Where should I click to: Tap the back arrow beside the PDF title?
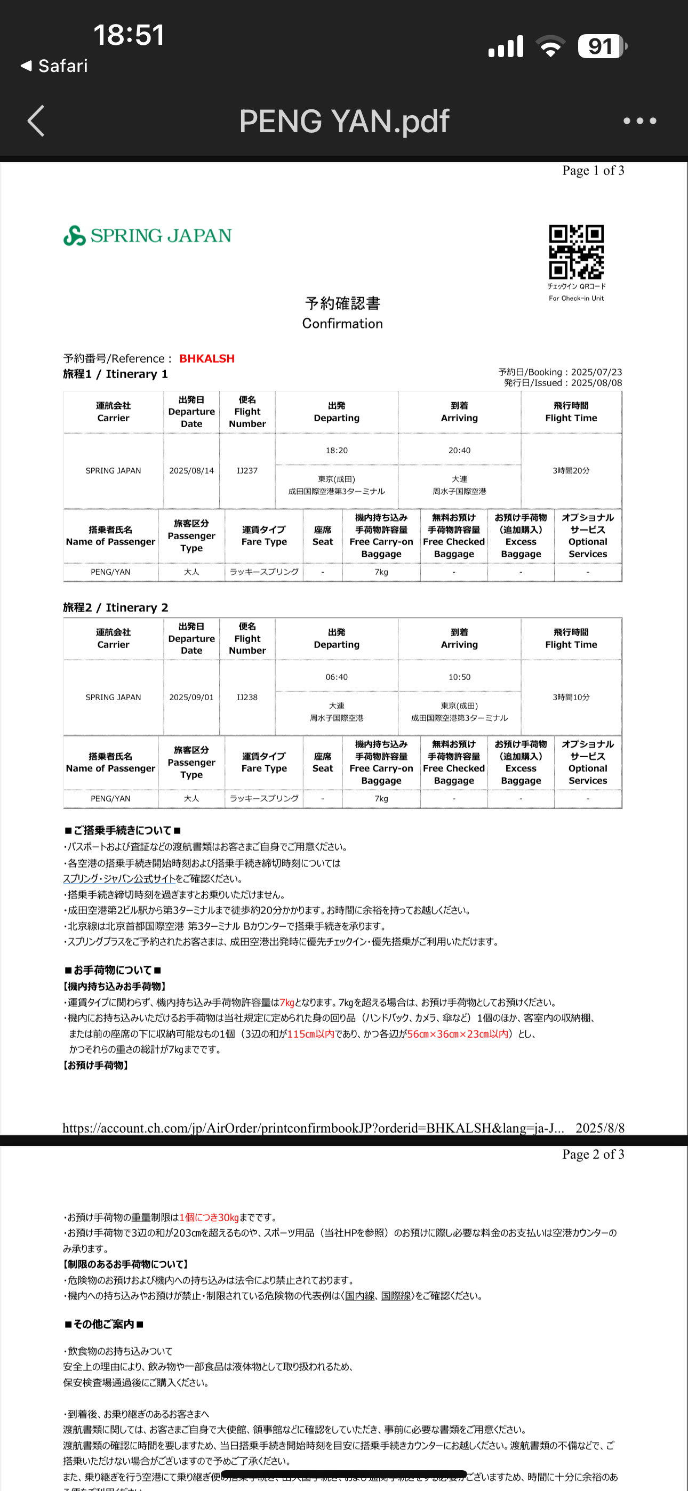pyautogui.click(x=36, y=121)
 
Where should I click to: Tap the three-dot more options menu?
pyautogui.click(x=639, y=121)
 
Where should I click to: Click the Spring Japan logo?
pyautogui.click(x=147, y=236)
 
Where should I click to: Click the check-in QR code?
pyautogui.click(x=576, y=252)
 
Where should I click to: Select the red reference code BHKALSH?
pyautogui.click(x=207, y=359)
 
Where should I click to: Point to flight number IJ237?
pyautogui.click(x=247, y=470)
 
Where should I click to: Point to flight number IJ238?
pyautogui.click(x=247, y=698)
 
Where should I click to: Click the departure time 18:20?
pyautogui.click(x=337, y=450)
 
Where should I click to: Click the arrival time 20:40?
pyautogui.click(x=459, y=450)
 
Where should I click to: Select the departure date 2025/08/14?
pyautogui.click(x=191, y=470)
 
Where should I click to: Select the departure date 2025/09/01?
pyautogui.click(x=191, y=698)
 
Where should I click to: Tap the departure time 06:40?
pyautogui.click(x=337, y=677)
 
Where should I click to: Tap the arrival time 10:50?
pyautogui.click(x=459, y=677)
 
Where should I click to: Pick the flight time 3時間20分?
pyautogui.click(x=571, y=470)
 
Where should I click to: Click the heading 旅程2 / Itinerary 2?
pyautogui.click(x=116, y=607)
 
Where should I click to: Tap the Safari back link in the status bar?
pyautogui.click(x=54, y=66)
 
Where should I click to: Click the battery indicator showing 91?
pyautogui.click(x=602, y=46)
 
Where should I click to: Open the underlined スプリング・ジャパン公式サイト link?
pyautogui.click(x=119, y=879)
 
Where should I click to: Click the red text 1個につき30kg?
pyautogui.click(x=209, y=1217)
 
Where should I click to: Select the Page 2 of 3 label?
pyautogui.click(x=593, y=1154)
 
